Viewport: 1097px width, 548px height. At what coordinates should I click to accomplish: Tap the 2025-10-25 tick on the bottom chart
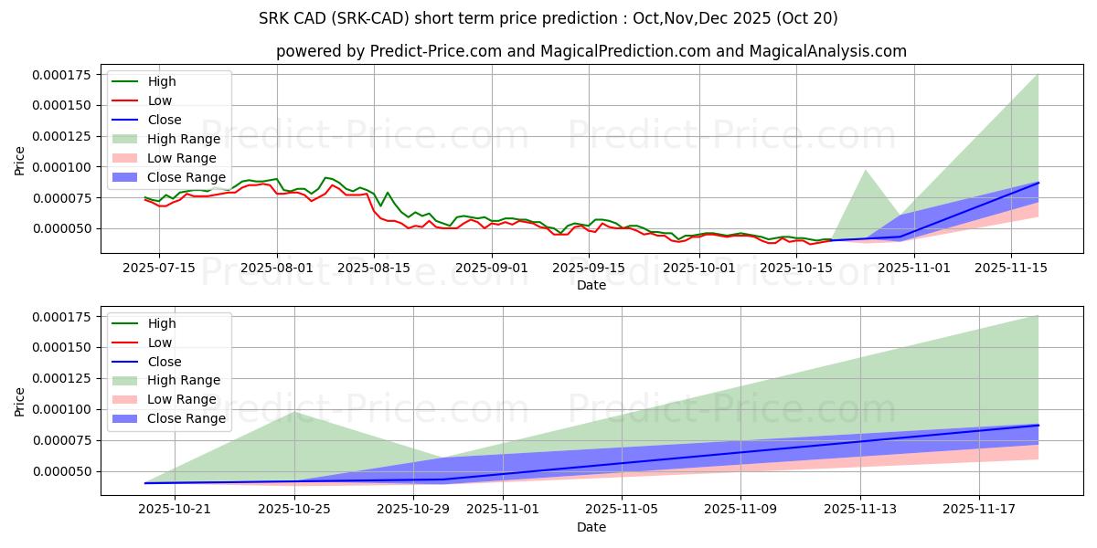(294, 509)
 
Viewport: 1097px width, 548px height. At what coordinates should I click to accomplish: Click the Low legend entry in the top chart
(159, 100)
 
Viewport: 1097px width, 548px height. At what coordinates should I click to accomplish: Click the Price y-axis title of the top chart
(20, 161)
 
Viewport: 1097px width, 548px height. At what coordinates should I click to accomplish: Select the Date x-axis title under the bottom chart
(591, 528)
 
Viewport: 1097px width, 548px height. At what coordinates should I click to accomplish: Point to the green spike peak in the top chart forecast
(866, 170)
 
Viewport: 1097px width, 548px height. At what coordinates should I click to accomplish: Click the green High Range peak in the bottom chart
(294, 412)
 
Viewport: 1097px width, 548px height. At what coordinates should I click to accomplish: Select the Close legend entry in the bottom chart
(165, 362)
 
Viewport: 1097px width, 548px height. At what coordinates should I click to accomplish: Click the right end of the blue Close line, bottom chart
(1038, 426)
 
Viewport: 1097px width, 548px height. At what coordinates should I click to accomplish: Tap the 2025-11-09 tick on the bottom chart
(740, 509)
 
